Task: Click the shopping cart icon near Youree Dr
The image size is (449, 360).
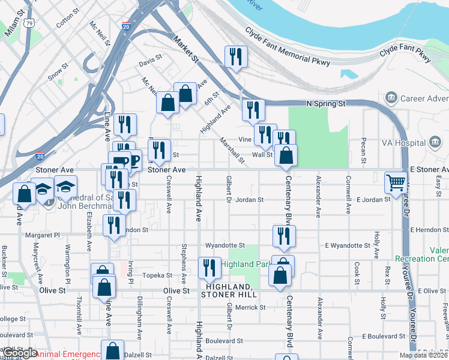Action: pyautogui.click(x=396, y=182)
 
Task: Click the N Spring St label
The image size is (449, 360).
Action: pyautogui.click(x=326, y=104)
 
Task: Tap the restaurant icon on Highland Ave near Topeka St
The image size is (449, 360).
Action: pyautogui.click(x=209, y=267)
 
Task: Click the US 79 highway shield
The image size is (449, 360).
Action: pyautogui.click(x=28, y=23)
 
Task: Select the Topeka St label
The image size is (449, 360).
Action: pyautogui.click(x=157, y=275)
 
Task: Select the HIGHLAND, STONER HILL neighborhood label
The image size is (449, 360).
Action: pyautogui.click(x=229, y=290)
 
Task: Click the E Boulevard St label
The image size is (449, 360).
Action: pyautogui.click(x=381, y=336)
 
